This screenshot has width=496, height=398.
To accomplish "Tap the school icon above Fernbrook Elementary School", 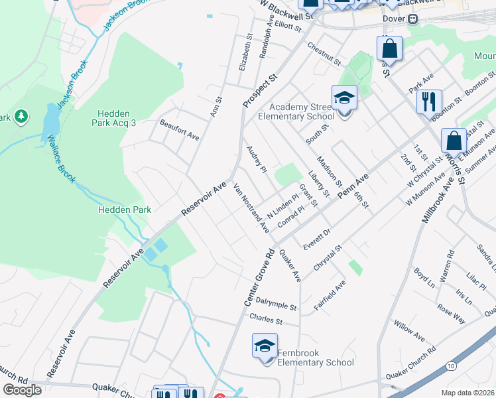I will pyautogui.click(x=265, y=346).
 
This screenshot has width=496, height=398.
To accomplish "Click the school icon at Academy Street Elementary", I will pyautogui.click(x=344, y=98).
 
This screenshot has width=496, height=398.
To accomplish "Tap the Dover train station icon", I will pyautogui.click(x=412, y=19).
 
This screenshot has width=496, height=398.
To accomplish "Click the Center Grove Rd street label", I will pyautogui.click(x=260, y=277).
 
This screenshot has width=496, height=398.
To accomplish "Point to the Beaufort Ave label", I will pyautogui.click(x=179, y=129).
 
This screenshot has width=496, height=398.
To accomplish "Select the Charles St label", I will pyautogui.click(x=266, y=319).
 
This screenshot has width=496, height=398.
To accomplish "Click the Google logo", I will pyautogui.click(x=22, y=390).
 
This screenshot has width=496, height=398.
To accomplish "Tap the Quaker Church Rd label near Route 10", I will pyautogui.click(x=412, y=362).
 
